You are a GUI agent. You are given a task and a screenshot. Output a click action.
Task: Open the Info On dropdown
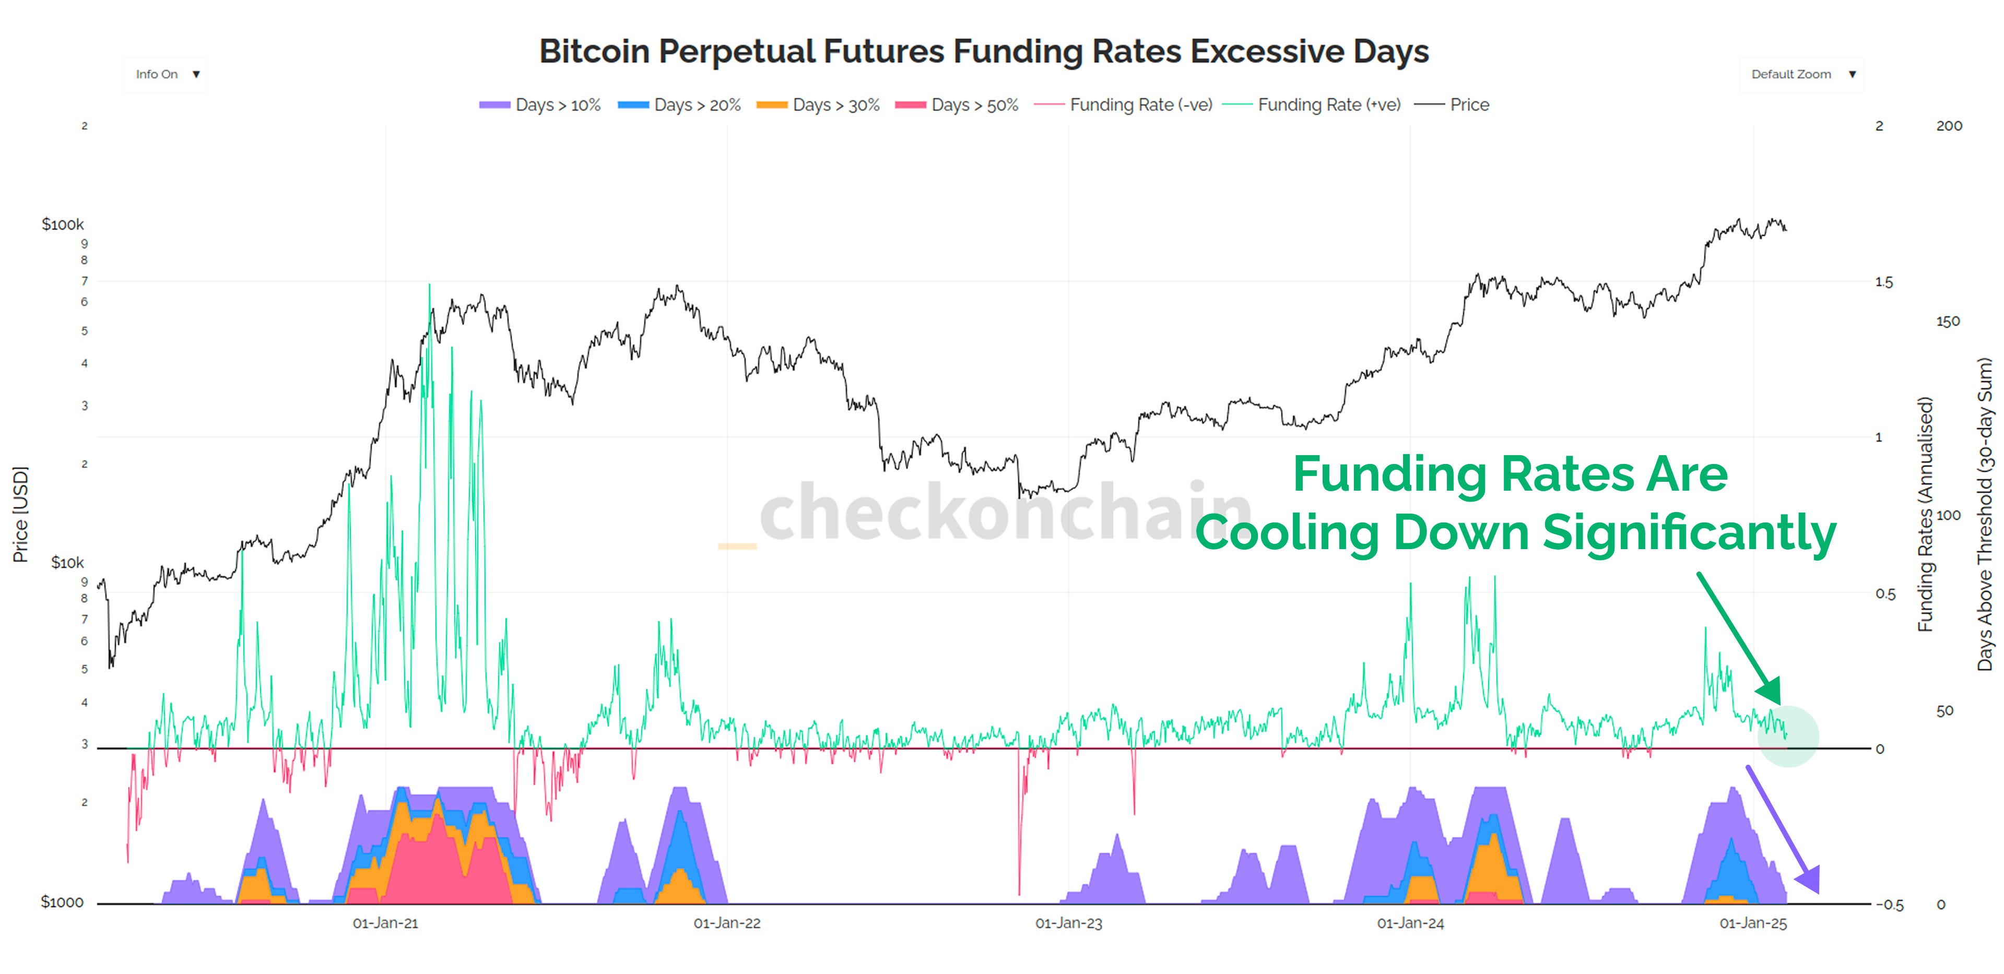tap(165, 75)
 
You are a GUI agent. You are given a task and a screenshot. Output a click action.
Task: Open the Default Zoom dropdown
tap(1800, 75)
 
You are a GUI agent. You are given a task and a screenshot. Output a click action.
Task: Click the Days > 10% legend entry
tap(540, 105)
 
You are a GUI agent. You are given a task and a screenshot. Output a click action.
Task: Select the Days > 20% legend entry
tap(679, 105)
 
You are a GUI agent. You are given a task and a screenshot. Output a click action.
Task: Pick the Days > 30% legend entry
tap(818, 105)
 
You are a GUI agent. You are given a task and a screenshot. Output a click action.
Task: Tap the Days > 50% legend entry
tap(957, 105)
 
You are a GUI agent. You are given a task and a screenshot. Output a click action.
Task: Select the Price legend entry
tap(1452, 105)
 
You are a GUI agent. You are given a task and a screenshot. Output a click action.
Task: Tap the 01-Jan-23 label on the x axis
tap(1068, 923)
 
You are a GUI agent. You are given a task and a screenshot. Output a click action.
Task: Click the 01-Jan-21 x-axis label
tap(385, 923)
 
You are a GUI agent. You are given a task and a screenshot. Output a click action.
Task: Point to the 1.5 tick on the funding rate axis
tap(1883, 282)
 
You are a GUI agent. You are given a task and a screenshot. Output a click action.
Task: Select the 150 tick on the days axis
tap(1948, 322)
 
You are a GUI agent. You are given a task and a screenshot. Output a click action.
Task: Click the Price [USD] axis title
tap(20, 514)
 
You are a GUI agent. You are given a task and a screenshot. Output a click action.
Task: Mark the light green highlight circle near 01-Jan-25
tap(1788, 736)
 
